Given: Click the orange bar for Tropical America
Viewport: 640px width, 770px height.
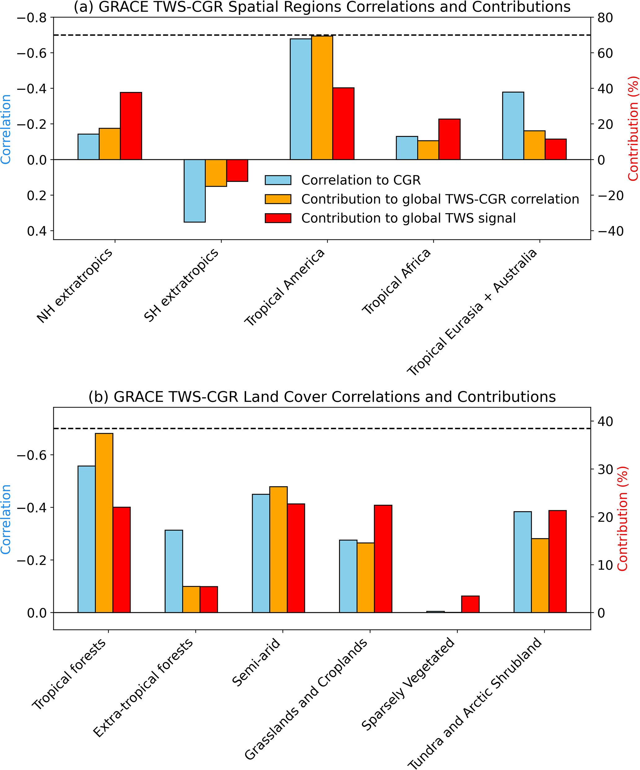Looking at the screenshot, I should [322, 98].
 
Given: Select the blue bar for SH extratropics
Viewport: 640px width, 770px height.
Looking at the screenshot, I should [194, 191].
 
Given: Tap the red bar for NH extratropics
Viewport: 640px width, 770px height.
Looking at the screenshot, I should [131, 126].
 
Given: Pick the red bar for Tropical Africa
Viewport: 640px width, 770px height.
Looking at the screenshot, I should [450, 139].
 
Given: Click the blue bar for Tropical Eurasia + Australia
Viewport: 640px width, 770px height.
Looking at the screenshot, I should [513, 126].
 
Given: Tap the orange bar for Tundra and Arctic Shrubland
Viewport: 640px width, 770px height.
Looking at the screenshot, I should [540, 575].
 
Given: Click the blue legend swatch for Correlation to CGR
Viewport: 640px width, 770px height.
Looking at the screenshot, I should [278, 180].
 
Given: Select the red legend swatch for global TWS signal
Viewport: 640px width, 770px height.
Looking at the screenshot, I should [278, 218].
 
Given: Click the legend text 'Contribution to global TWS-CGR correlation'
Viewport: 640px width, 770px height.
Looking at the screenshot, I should [440, 199].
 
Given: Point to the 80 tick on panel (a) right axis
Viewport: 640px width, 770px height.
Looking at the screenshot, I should [605, 18].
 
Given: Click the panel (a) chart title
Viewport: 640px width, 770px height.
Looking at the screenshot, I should [322, 7].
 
